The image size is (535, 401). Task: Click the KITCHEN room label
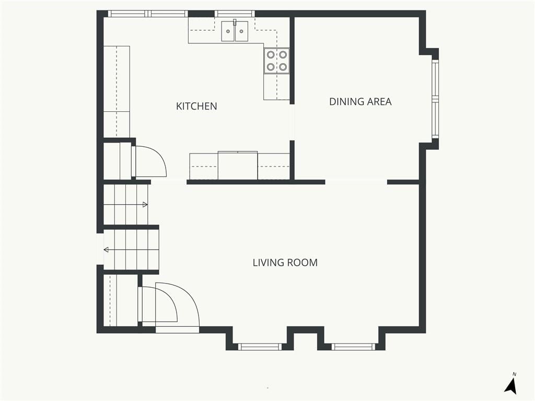coord(196,106)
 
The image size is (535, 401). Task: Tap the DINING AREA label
coord(360,102)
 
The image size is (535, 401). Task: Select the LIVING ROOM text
coord(285,263)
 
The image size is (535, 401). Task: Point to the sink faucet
coord(235,22)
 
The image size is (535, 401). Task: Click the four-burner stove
coord(277,61)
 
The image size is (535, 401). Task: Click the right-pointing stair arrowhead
coord(145,205)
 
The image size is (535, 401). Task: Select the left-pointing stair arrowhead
coord(106,250)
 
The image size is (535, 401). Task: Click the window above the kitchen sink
coord(235,14)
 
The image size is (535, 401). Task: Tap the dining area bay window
coord(435,99)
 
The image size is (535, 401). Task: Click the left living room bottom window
coord(260,347)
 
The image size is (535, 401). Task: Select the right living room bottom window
coord(353,347)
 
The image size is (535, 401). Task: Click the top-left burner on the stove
coord(271,54)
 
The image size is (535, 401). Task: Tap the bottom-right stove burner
coord(283,67)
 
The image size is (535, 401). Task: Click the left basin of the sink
coord(228,31)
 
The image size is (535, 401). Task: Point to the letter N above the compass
coord(515,374)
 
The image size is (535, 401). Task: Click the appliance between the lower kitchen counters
coord(238,165)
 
